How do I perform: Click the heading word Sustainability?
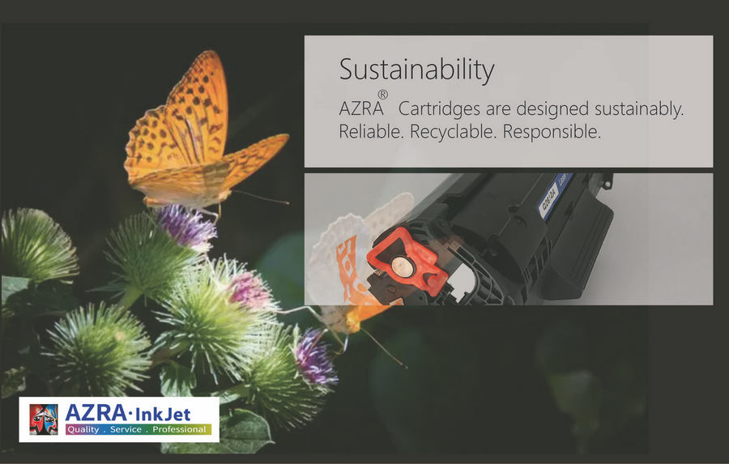416,70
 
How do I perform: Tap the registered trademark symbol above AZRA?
382,95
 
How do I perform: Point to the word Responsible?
552,132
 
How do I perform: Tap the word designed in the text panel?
552,109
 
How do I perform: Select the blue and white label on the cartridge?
555,194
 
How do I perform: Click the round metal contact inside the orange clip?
400,266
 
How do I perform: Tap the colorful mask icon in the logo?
44,419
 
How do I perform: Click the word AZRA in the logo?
96,413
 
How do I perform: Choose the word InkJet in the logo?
162,414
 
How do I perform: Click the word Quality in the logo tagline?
83,430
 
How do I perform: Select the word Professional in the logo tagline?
179,430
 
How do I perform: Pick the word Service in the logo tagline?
126,430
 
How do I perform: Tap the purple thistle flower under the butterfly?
186,227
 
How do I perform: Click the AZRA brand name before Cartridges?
361,109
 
